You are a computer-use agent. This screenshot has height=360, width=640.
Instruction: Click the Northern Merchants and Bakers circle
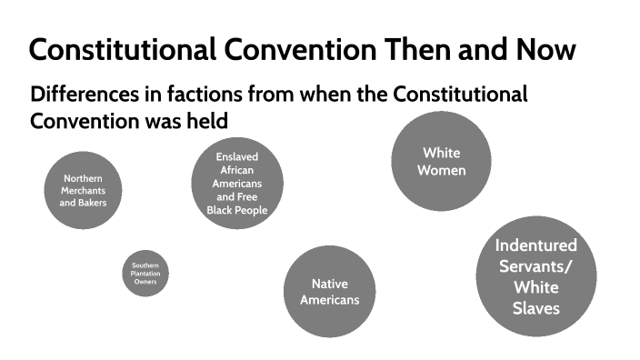[84, 190]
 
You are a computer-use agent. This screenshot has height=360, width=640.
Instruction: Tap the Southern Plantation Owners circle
[145, 273]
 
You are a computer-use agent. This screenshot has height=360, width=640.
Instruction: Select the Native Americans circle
[329, 292]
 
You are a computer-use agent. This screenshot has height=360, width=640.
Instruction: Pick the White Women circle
[441, 161]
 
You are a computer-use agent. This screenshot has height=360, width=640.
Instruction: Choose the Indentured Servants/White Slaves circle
[535, 275]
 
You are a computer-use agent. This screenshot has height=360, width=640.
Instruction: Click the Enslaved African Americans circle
[237, 183]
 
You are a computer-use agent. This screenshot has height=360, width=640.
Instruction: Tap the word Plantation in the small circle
[145, 274]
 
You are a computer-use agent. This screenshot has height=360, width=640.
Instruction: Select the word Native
[329, 284]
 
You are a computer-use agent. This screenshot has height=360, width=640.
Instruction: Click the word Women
[442, 170]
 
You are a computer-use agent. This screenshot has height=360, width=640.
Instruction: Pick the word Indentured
[535, 245]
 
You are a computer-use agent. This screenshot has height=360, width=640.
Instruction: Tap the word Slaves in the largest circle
[535, 308]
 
